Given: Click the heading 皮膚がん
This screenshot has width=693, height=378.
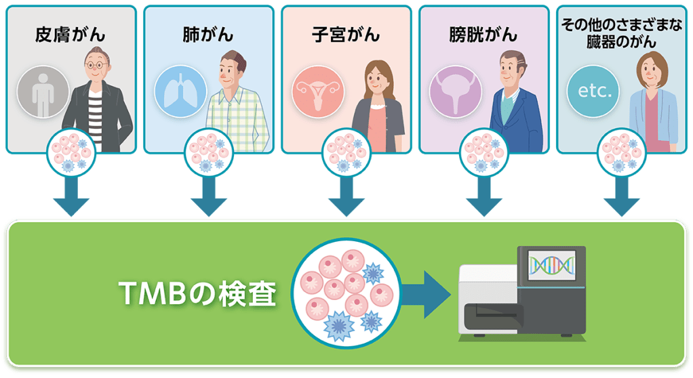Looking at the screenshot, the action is pos(71,35).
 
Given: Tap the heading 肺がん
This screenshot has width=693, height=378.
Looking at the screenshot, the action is pos(208,35).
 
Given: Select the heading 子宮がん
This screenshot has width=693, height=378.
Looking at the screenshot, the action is pos(346,35).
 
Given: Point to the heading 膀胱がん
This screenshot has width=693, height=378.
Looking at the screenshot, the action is pos(483,35).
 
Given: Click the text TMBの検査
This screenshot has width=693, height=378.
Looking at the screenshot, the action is pos(197,293).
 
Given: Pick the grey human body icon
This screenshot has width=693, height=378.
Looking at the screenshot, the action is pos(43,92).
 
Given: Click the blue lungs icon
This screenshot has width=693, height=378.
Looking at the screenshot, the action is pos(181,92).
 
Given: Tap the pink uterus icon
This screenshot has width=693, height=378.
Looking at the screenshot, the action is pos(318,92).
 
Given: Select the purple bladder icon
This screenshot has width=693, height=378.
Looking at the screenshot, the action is pos(456,92).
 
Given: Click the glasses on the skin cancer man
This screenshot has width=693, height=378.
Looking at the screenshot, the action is pos(97,65).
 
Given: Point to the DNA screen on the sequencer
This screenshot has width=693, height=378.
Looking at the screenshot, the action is pos(552,265).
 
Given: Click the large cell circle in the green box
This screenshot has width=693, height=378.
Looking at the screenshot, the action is pos(346,293).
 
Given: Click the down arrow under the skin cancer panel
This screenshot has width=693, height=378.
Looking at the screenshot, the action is pos(71,196).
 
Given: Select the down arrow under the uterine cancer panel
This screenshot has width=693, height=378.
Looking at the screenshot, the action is pos(346,196).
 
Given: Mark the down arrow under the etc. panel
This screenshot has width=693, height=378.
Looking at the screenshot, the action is pos(622,196).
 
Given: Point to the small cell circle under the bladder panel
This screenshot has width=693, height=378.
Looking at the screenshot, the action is pos(484,153).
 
